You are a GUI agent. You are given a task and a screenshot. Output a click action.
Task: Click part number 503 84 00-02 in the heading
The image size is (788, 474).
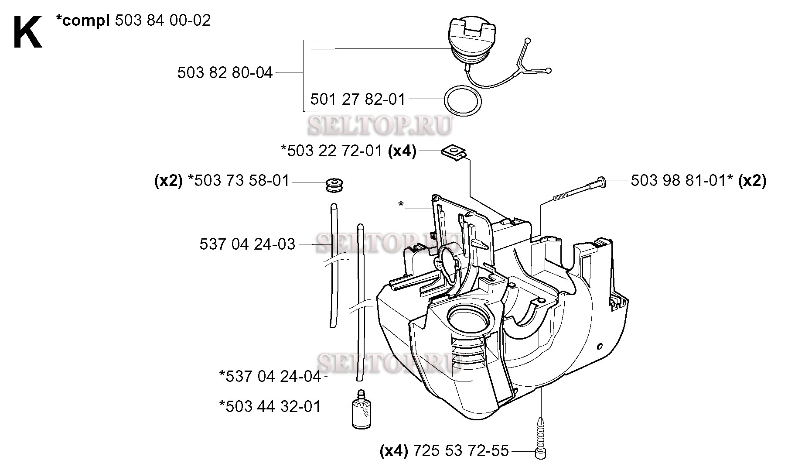(163, 21)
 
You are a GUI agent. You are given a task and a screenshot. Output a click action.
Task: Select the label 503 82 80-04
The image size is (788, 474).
(225, 72)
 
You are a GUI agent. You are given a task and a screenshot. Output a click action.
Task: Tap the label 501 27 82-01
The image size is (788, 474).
(358, 100)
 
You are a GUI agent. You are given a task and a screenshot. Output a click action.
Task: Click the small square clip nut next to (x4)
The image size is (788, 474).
(454, 154)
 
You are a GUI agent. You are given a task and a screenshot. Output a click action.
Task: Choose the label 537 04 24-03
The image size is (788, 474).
(247, 244)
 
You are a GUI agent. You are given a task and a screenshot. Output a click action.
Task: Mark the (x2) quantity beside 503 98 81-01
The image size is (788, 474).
(752, 181)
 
